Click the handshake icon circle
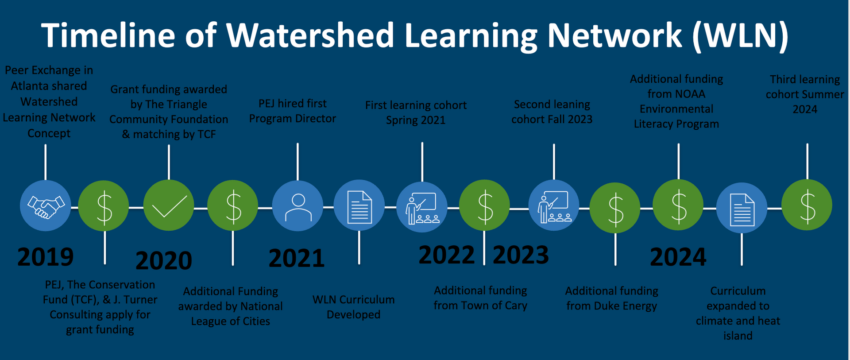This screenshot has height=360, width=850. [46, 205]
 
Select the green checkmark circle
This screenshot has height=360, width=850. [169, 205]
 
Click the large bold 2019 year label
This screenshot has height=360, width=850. [45, 256]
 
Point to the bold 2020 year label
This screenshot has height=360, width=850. [164, 260]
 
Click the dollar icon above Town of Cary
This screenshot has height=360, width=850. [485, 205]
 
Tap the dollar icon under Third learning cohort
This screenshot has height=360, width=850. [807, 205]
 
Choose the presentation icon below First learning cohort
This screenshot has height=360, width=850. [422, 207]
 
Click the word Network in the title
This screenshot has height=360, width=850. [614, 35]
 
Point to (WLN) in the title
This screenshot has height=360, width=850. [741, 36]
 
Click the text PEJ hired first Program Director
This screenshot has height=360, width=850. [293, 111]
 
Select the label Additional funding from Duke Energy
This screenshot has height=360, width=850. [612, 298]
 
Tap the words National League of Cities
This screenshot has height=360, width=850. [231, 314]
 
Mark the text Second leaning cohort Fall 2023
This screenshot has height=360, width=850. [552, 112]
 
